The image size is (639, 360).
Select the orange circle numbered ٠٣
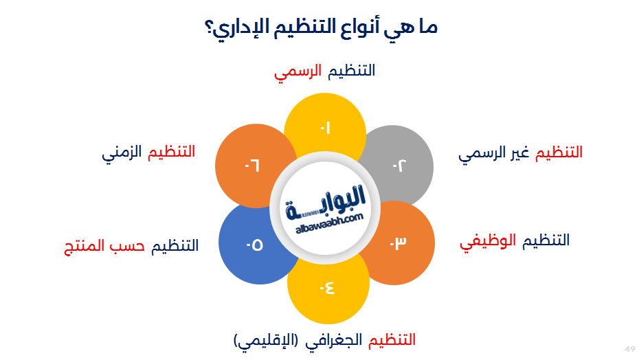coord(399,242)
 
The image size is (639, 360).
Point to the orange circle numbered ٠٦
coord(251,165)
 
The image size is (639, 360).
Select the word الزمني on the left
coord(122,152)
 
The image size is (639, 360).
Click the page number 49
coord(629,349)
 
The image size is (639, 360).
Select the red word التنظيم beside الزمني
coord(172,152)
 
